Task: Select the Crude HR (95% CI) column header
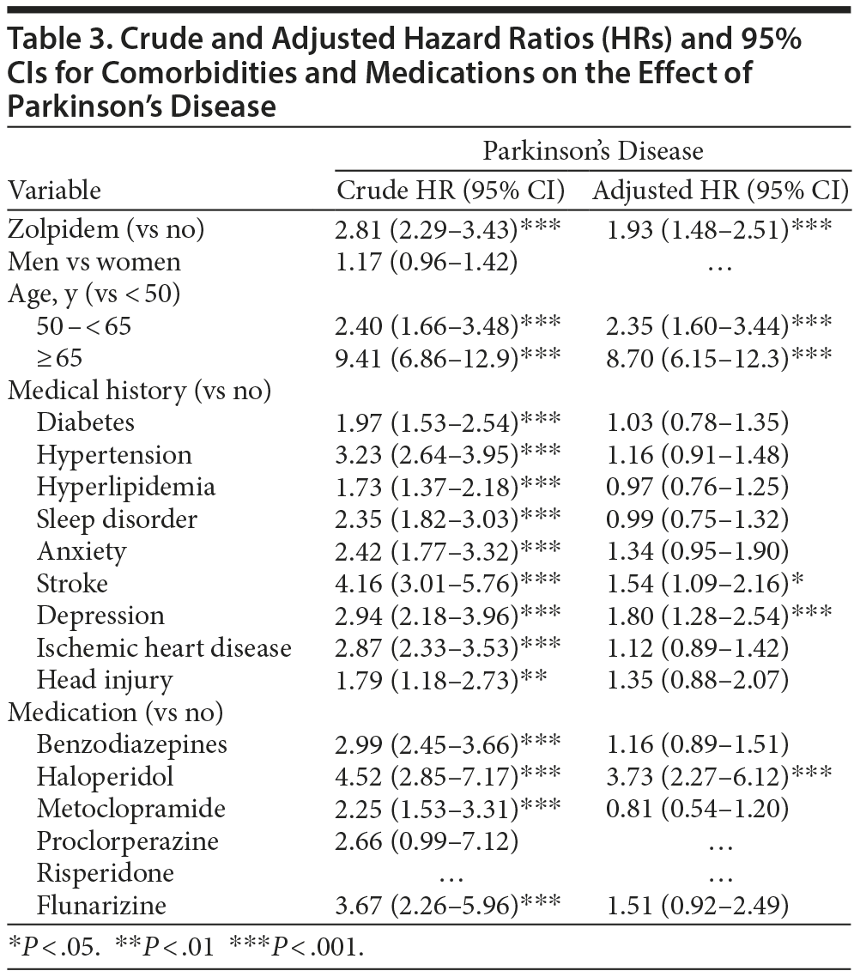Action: coord(451,190)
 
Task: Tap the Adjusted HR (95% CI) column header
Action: coord(720,190)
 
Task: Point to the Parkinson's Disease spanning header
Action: coord(592,151)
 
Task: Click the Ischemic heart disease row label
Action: coord(164,648)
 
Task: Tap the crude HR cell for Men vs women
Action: coord(427,262)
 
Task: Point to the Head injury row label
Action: coord(105,680)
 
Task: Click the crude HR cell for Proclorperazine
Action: coord(427,840)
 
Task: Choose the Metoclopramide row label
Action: coord(131,809)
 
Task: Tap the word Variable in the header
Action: coord(54,190)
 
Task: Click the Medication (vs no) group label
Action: coord(116,713)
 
